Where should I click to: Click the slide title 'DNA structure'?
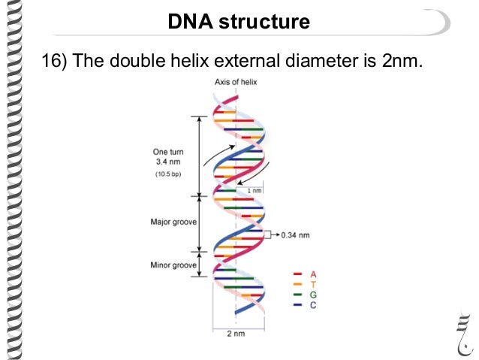click(239, 23)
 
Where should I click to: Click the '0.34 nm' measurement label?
click(294, 234)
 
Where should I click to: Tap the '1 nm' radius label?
click(256, 192)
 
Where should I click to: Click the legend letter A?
click(312, 274)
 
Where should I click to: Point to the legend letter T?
click(312, 284)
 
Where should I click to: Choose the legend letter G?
click(312, 295)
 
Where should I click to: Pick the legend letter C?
click(312, 305)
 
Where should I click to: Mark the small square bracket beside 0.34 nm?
click(267, 234)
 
